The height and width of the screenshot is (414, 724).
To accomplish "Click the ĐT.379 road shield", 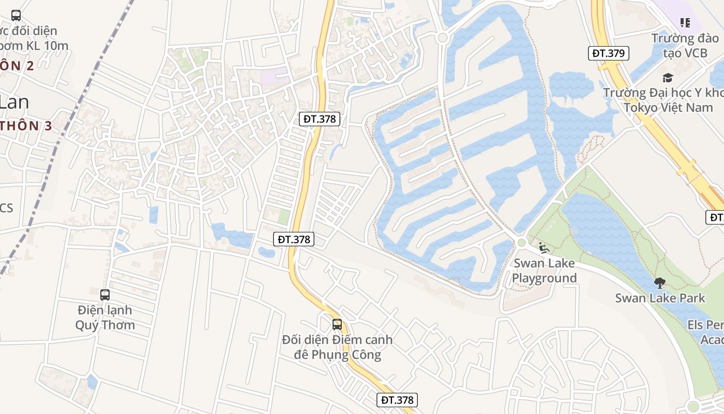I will pyautogui.click(x=609, y=53).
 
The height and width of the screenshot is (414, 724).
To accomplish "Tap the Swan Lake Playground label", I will pyautogui.click(x=544, y=271).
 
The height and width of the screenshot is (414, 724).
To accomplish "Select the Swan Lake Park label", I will pyautogui.click(x=660, y=298).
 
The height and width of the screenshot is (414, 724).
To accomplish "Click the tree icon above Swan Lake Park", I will pyautogui.click(x=659, y=283).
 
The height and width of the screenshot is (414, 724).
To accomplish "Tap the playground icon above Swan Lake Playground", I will pyautogui.click(x=544, y=248).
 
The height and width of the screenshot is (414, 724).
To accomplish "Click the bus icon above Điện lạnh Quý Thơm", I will pyautogui.click(x=105, y=295).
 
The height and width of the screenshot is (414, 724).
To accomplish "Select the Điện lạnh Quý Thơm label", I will pyautogui.click(x=105, y=318).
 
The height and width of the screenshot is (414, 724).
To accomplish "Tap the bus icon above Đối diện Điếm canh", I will pyautogui.click(x=337, y=324).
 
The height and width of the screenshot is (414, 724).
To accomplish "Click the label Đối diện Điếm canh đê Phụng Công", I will pyautogui.click(x=337, y=347).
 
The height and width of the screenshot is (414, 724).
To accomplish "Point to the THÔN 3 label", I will pyautogui.click(x=26, y=126).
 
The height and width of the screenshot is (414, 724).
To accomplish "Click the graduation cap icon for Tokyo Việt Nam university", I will pyautogui.click(x=668, y=78).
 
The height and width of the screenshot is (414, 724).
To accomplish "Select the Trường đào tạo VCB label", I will pyautogui.click(x=685, y=46).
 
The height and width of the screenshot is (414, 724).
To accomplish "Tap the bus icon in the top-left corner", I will pyautogui.click(x=16, y=16).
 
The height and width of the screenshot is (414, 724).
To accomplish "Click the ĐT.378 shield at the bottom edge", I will pyautogui.click(x=397, y=400).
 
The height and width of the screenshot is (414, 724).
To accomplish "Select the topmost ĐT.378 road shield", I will pyautogui.click(x=320, y=119).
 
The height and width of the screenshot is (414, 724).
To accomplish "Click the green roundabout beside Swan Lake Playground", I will pyautogui.click(x=521, y=242).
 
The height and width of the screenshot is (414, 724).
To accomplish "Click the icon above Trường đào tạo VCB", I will pyautogui.click(x=685, y=22).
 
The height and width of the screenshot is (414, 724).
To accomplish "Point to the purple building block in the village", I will pyautogui.click(x=274, y=77).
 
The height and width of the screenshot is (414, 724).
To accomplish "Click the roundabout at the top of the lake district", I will pyautogui.click(x=442, y=38).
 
